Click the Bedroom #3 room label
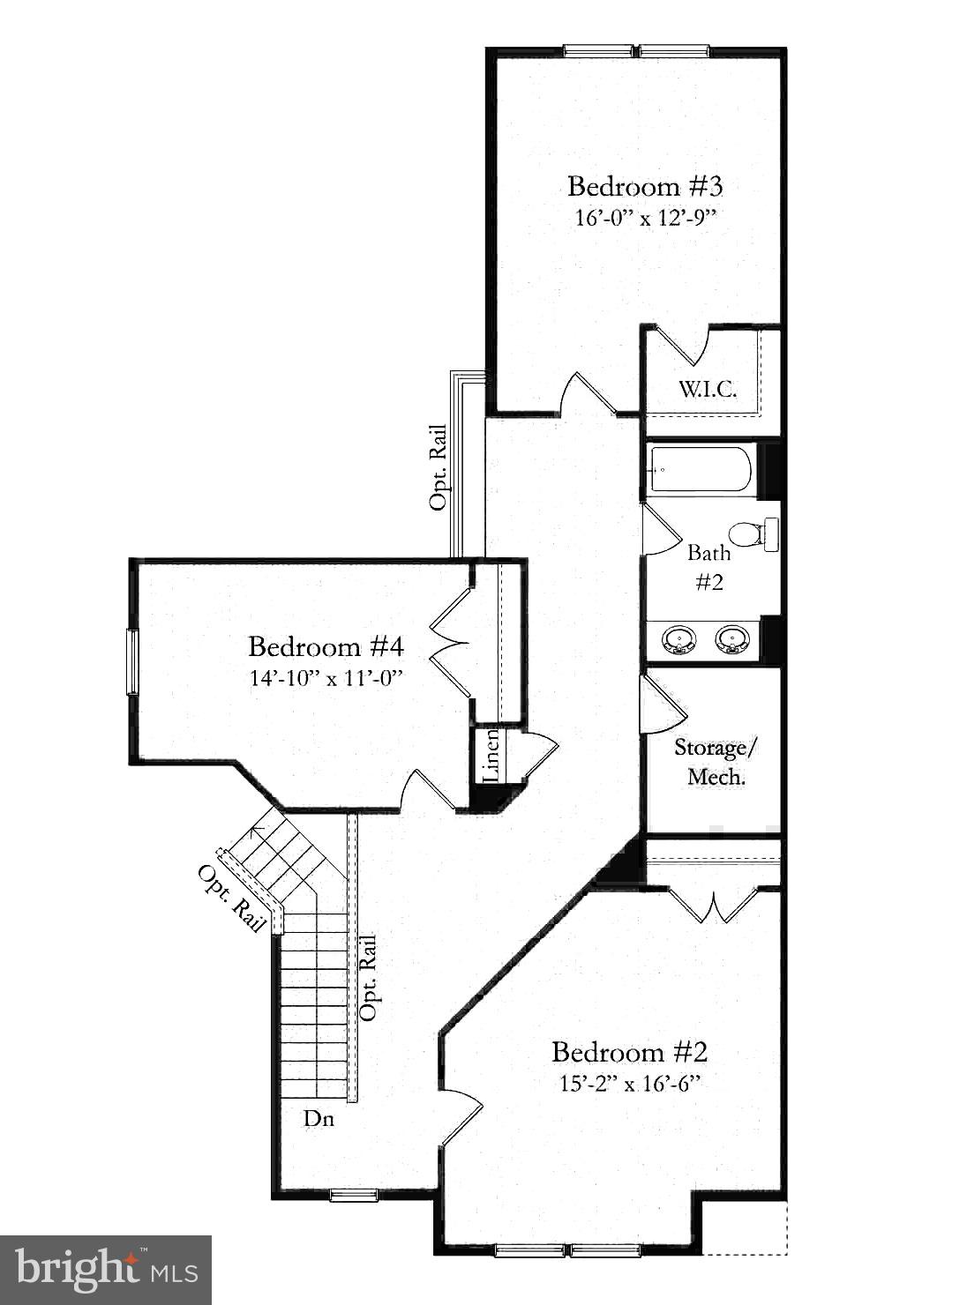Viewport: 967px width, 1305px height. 645,187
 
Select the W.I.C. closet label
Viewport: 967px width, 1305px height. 708,389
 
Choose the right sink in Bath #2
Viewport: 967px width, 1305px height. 731,639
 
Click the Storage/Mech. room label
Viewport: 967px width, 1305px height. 716,763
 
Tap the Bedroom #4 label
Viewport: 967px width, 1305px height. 326,647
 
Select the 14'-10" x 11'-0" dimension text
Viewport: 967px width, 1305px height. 326,678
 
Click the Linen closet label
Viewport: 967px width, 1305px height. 491,755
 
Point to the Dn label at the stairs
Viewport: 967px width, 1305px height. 319,1118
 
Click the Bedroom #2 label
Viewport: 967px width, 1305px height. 629,1052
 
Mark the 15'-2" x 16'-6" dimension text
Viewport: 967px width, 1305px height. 629,1084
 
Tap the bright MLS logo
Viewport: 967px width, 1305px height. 106,1270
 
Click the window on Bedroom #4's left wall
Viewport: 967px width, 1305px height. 132,661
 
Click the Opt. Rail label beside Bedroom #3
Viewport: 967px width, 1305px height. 438,468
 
